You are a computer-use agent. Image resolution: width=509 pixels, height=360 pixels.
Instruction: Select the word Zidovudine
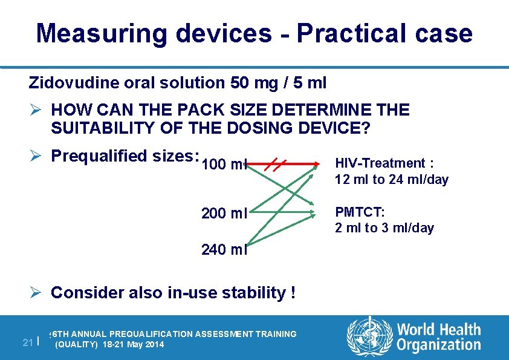pyautogui.click(x=73, y=82)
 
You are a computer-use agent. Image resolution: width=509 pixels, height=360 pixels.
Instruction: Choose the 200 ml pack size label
pyautogui.click(x=224, y=214)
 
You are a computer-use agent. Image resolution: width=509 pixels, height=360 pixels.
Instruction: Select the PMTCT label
pyautogui.click(x=360, y=212)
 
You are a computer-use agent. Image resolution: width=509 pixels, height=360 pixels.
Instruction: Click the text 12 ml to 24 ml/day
pyautogui.click(x=392, y=180)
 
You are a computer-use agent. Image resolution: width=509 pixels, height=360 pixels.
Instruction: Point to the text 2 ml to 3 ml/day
pyautogui.click(x=384, y=228)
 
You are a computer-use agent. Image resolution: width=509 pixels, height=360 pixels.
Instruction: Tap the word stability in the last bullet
pyautogui.click(x=256, y=293)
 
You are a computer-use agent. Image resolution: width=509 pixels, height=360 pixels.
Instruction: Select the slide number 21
pyautogui.click(x=27, y=342)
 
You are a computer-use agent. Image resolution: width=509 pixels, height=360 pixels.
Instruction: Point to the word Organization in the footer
pyautogui.click(x=438, y=345)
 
